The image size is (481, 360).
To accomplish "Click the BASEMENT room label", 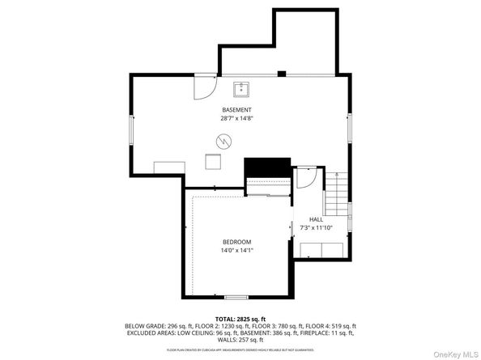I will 236,110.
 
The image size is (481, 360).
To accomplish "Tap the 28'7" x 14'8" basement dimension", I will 236,118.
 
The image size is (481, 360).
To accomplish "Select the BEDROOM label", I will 237,242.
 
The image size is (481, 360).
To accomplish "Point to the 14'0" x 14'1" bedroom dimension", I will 237,250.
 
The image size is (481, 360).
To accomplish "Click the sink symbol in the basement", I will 241,88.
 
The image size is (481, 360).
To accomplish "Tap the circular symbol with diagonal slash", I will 222,142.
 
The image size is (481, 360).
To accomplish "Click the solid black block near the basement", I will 267,167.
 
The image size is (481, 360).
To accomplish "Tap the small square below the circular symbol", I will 214,163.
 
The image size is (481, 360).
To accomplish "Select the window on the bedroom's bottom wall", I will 236,297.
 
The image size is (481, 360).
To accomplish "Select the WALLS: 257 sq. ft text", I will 240,341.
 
